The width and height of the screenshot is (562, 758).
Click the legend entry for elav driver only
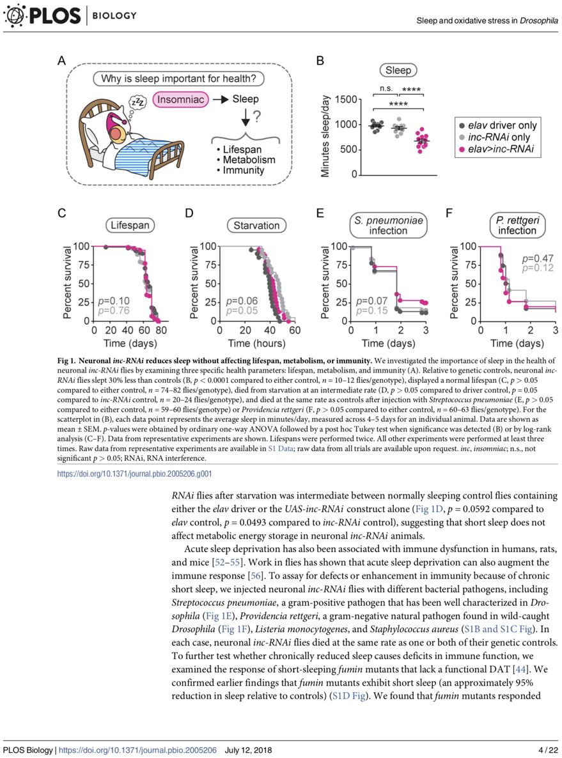498,125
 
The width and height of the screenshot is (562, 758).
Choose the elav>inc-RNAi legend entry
498,150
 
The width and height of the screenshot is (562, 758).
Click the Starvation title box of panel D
256,225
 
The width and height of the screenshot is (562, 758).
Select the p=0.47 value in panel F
538,258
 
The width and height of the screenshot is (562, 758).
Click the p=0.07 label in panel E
371,301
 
